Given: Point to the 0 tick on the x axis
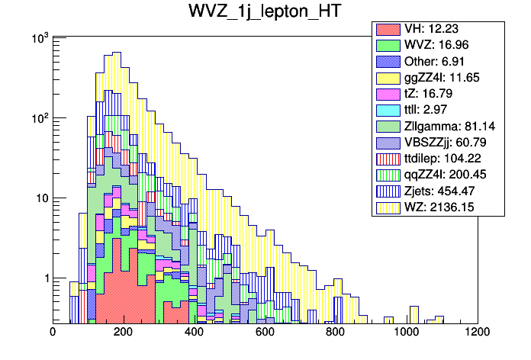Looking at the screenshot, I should click(53, 332).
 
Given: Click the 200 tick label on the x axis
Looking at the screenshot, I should click(124, 332).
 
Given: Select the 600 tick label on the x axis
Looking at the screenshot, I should click(265, 332).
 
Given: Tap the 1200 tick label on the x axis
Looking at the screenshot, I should click(478, 332).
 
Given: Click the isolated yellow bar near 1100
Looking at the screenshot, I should click(439, 318).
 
